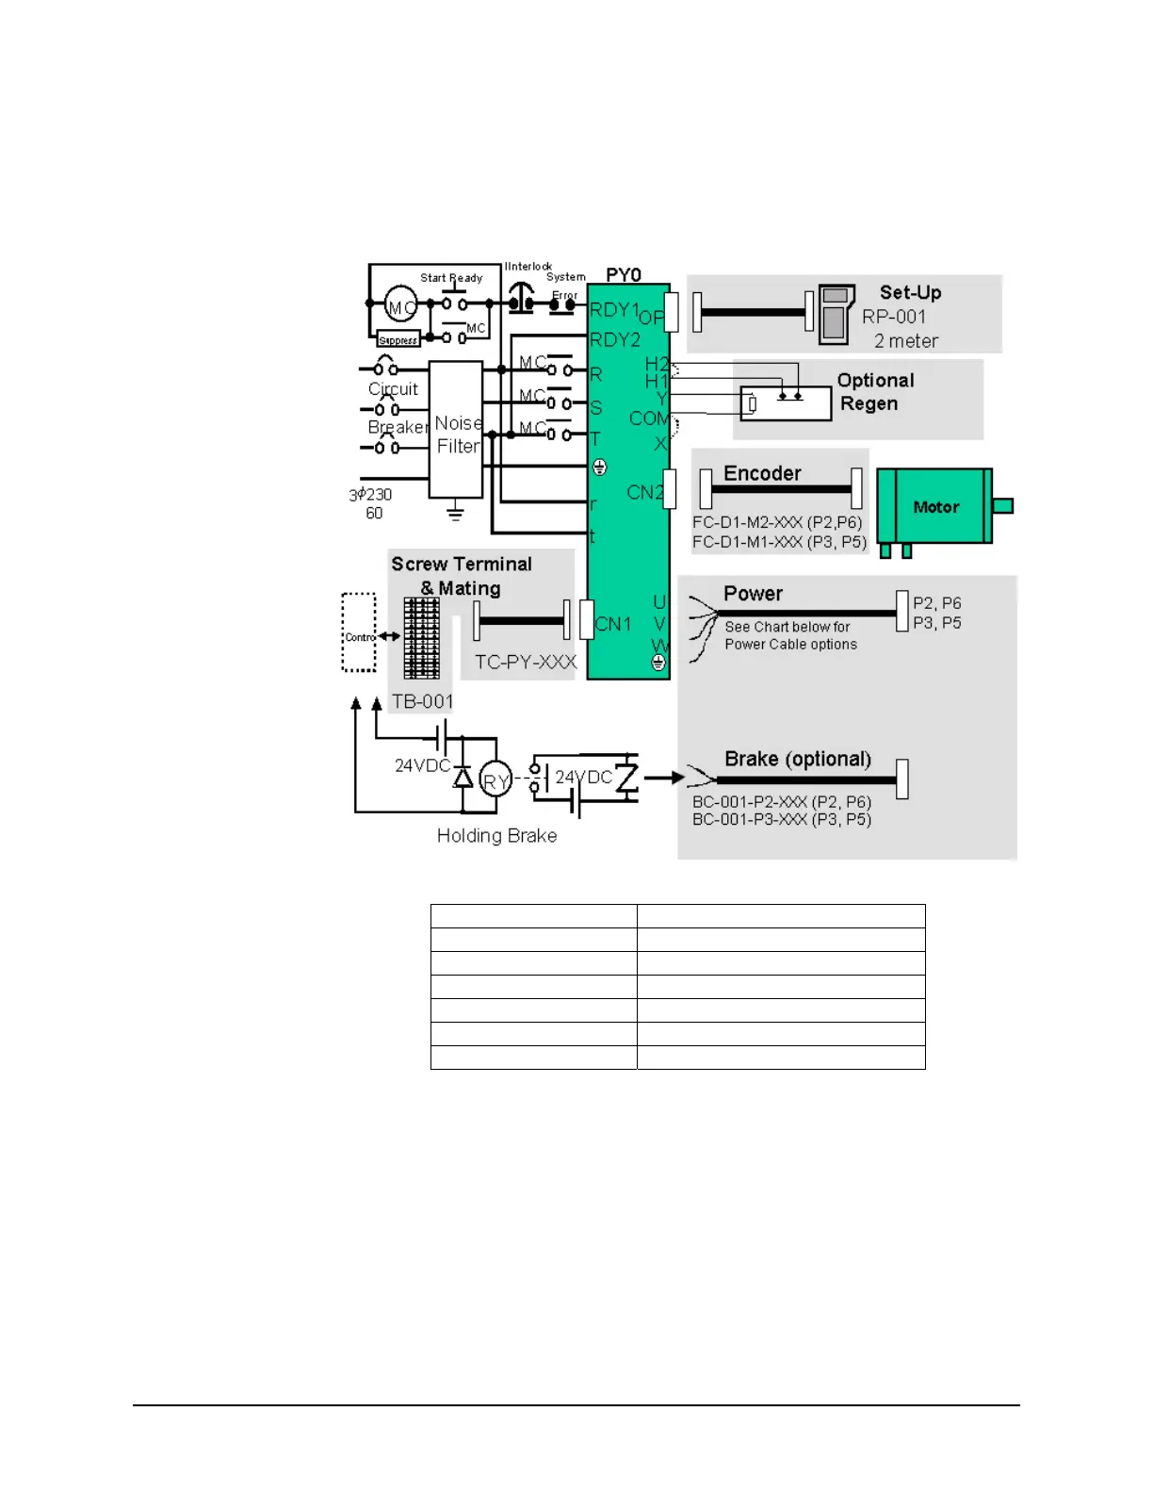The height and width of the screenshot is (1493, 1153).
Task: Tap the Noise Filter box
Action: [456, 430]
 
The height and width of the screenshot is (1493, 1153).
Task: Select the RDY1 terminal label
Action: [614, 310]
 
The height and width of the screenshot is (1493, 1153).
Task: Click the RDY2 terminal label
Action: [615, 339]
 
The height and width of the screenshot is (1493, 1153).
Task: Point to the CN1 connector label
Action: [613, 624]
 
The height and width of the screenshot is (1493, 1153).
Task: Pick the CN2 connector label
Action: [645, 492]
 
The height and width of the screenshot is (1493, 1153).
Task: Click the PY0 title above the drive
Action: [624, 274]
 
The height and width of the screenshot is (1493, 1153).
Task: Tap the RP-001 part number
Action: [894, 317]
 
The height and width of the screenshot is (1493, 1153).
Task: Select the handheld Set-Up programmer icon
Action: [835, 314]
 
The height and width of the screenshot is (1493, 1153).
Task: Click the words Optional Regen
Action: [875, 392]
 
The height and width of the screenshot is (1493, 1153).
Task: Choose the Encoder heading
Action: [762, 473]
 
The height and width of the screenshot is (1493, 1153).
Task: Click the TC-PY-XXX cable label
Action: [525, 662]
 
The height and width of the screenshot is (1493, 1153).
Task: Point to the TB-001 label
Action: [423, 701]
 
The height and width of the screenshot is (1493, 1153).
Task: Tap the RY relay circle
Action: [495, 780]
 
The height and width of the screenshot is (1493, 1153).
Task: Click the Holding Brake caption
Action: [496, 835]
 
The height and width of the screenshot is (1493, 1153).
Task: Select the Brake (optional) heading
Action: [798, 759]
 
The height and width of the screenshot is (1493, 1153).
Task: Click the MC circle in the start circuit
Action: [401, 306]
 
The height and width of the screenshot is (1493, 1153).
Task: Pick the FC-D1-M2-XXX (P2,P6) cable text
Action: [777, 522]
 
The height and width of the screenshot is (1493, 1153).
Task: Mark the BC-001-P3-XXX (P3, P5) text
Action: [782, 820]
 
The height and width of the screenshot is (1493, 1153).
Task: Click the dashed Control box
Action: [358, 632]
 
